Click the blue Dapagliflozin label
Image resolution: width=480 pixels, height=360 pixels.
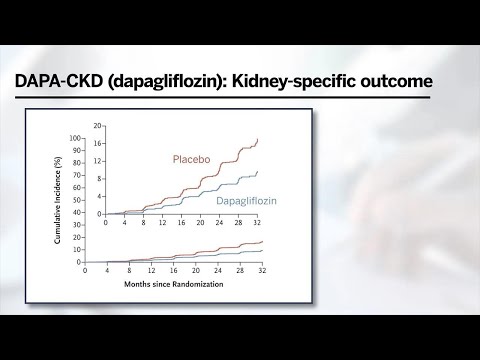point(246,201)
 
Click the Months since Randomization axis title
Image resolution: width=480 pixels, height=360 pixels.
point(172,283)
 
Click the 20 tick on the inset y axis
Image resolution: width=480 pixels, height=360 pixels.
point(99,126)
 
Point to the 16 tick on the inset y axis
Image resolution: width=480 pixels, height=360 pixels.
point(99,143)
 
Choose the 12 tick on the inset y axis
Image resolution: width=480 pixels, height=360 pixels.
point(99,161)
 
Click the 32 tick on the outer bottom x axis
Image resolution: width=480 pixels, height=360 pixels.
point(260,270)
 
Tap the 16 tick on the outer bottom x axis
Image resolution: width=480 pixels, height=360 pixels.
point(172,270)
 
